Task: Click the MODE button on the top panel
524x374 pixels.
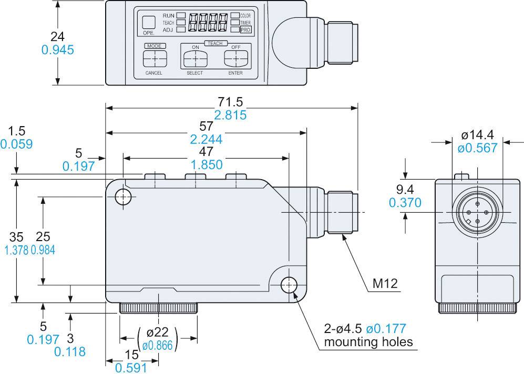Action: pyautogui.click(x=153, y=57)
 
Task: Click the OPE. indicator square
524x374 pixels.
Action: pyautogui.click(x=149, y=22)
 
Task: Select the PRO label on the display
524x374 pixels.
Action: pyautogui.click(x=245, y=30)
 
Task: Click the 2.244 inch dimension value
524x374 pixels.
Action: pyautogui.click(x=206, y=139)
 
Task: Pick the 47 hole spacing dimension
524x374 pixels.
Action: pyautogui.click(x=206, y=152)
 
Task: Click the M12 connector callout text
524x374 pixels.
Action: pyautogui.click(x=385, y=284)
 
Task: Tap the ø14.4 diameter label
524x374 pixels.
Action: pyautogui.click(x=477, y=135)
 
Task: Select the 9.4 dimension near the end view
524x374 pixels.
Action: pyautogui.click(x=405, y=189)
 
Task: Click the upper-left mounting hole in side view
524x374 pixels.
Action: pyautogui.click(x=124, y=197)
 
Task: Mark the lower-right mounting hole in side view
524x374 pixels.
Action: pyautogui.click(x=289, y=285)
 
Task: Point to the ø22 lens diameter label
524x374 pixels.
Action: pyautogui.click(x=158, y=333)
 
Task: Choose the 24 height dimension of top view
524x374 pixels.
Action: pyautogui.click(x=57, y=36)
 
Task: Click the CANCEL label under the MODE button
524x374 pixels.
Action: pyautogui.click(x=153, y=73)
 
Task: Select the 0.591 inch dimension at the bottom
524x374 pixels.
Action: pyautogui.click(x=131, y=368)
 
